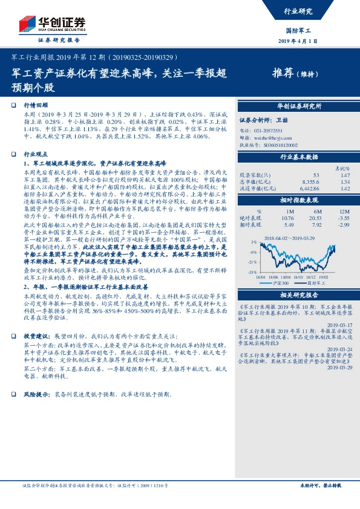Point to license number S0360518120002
pos(279,146)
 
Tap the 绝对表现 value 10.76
pos(287,218)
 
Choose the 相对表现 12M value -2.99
pos(343,225)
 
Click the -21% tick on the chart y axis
pos(252,262)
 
